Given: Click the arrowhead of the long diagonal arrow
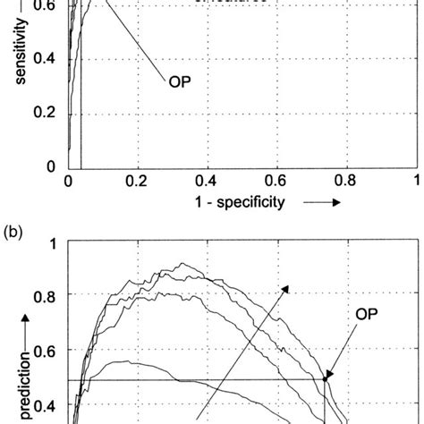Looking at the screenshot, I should pos(289,288).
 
